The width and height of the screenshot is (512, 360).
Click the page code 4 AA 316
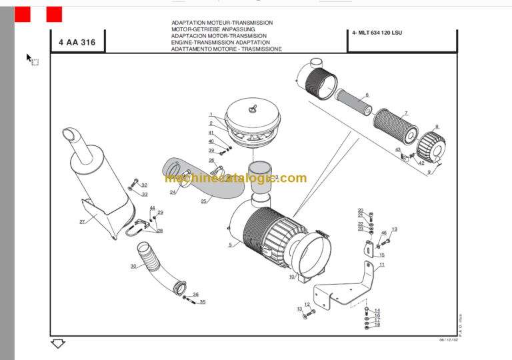(x=77, y=43)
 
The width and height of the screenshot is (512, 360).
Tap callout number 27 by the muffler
(x=82, y=221)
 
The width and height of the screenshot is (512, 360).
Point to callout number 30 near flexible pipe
(x=133, y=266)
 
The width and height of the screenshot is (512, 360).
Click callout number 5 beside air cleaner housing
(x=230, y=245)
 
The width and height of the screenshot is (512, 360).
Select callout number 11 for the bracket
(x=382, y=265)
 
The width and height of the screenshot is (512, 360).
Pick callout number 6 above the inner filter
(x=367, y=95)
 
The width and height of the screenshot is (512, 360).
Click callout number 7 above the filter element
(x=406, y=113)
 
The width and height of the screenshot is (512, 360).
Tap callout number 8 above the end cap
(x=437, y=127)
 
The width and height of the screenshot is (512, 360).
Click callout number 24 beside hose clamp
(x=173, y=192)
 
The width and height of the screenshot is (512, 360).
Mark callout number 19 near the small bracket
(x=394, y=229)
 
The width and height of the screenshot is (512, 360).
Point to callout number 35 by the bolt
(x=203, y=302)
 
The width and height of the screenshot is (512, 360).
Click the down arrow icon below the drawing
(x=58, y=344)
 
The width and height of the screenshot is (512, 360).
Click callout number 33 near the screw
(x=145, y=194)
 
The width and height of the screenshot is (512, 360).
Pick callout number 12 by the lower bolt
(x=307, y=305)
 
